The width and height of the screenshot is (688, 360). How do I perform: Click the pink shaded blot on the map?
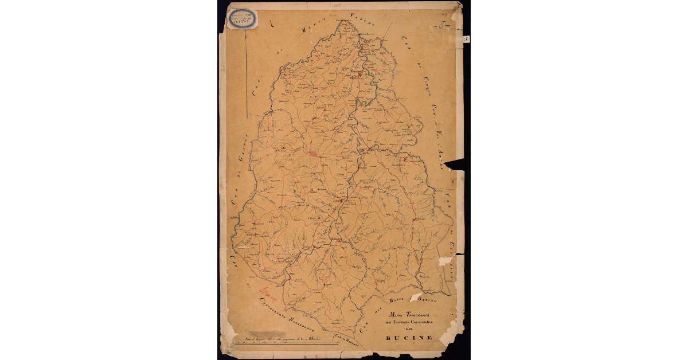coord(313,154)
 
